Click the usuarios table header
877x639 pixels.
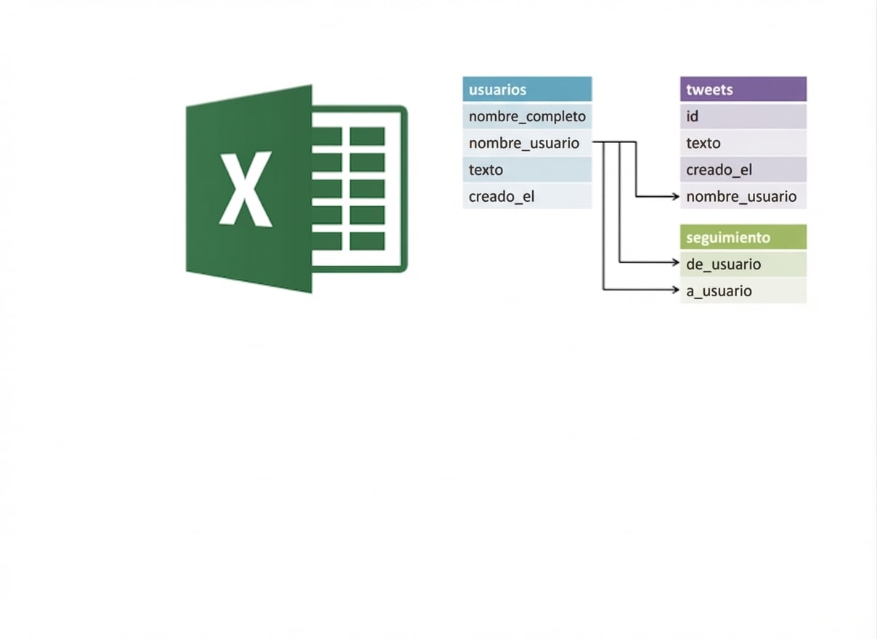527,89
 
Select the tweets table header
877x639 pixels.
743,89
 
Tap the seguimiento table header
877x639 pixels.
743,237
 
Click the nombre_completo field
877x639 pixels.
527,116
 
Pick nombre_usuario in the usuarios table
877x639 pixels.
527,143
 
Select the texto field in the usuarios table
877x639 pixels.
527,169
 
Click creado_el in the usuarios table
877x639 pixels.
527,196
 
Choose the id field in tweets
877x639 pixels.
743,116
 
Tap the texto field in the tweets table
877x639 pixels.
743,143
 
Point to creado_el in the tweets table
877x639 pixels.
743,169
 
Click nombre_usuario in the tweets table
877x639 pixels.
743,196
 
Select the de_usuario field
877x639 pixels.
743,264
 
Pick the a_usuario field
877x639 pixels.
743,290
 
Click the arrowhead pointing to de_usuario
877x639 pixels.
675,262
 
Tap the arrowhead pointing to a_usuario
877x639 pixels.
675,290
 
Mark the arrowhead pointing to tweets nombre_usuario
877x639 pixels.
675,196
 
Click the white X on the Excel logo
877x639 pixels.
245,190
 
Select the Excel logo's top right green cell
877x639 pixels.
367,136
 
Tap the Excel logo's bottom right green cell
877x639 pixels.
367,241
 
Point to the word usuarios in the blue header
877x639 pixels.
497,90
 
